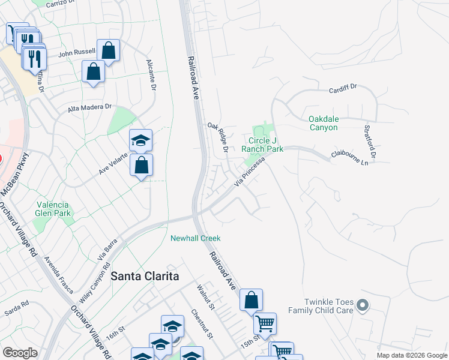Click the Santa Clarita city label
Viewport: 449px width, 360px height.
click(145, 276)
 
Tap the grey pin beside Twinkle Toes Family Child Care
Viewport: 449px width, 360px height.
click(361, 306)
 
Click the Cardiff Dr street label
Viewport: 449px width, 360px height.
click(342, 90)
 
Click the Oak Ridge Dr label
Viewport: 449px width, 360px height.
click(218, 137)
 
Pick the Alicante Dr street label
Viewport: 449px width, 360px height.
click(151, 75)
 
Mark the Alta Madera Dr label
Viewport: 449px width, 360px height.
click(90, 107)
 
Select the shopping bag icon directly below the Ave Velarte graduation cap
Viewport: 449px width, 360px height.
click(141, 166)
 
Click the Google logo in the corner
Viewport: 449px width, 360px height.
click(20, 353)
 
